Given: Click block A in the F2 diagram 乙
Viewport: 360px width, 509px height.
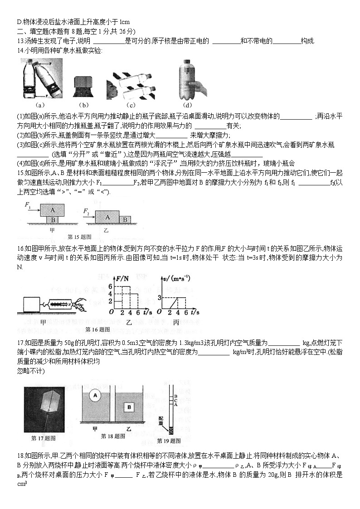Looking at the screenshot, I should pyautogui.click(x=107, y=217).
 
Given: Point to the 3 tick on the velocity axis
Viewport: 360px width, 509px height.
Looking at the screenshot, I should pyautogui.click(x=159, y=297).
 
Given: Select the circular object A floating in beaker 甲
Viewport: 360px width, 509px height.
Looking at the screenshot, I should pyautogui.click(x=95, y=395).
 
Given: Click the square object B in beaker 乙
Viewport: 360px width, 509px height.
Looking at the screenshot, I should pyautogui.click(x=129, y=407).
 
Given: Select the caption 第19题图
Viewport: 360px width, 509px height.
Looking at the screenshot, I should pyautogui.click(x=169, y=440).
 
